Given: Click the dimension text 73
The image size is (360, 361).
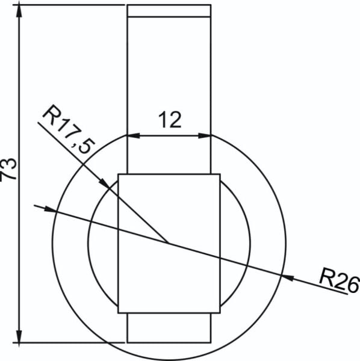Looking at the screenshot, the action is pos(8,168).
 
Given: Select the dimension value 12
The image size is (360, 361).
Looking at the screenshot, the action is pos(170,120).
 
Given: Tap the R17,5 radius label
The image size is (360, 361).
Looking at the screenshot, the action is pos(69,129).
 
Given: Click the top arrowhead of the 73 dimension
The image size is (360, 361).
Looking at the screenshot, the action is pos(19,11).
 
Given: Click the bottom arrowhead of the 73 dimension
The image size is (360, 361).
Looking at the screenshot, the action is pos(19,336).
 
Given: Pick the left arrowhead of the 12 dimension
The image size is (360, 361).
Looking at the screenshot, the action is pos(134,135).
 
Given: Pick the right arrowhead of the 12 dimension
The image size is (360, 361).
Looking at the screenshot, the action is pos(205,135).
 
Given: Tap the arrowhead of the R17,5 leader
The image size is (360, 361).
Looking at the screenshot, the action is pos(104,183).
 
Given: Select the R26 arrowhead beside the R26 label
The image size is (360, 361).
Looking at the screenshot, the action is pos(288,277).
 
